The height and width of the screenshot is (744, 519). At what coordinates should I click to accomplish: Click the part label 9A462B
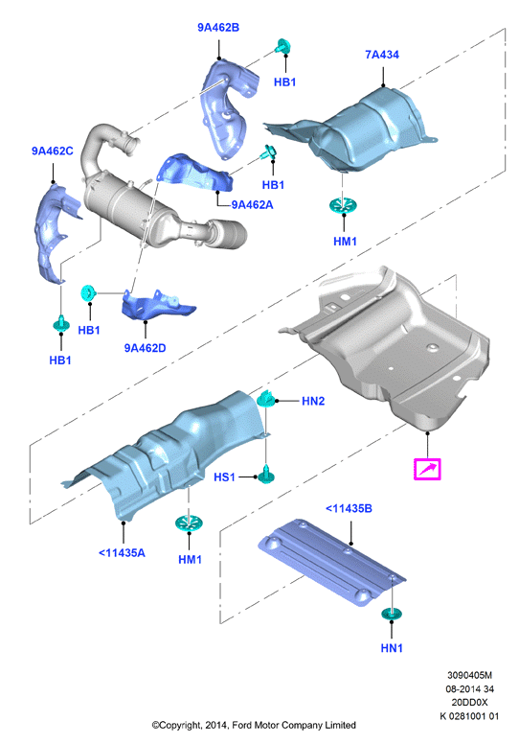(218, 28)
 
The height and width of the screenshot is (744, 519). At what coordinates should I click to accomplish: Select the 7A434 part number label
(382, 55)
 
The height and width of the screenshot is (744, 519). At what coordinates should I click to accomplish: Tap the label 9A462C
(52, 151)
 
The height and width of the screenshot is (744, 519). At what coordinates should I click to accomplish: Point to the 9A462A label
(252, 205)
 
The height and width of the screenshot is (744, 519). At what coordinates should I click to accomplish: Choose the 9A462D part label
(145, 348)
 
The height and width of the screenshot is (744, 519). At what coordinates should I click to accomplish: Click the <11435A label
(122, 553)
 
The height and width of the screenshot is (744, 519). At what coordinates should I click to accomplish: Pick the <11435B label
(349, 509)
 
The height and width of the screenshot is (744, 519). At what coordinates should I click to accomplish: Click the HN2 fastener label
(313, 401)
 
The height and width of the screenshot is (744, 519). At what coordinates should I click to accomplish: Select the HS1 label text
(224, 477)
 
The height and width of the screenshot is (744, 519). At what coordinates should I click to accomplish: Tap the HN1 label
(392, 648)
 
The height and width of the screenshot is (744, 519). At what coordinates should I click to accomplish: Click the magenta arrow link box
(427, 469)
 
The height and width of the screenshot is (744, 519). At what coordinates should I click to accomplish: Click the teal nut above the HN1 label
(392, 614)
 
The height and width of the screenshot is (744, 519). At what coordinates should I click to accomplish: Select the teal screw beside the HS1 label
(265, 475)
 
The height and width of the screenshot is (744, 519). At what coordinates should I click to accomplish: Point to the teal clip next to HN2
(266, 400)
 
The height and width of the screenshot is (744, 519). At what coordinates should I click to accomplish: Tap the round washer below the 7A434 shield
(343, 206)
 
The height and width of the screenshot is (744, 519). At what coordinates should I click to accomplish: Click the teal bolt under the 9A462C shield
(61, 324)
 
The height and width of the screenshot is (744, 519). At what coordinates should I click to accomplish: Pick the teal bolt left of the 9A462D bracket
(88, 292)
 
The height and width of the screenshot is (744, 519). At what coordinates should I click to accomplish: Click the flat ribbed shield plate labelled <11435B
(331, 562)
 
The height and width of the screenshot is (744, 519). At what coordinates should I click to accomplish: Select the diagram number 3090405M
(469, 675)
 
